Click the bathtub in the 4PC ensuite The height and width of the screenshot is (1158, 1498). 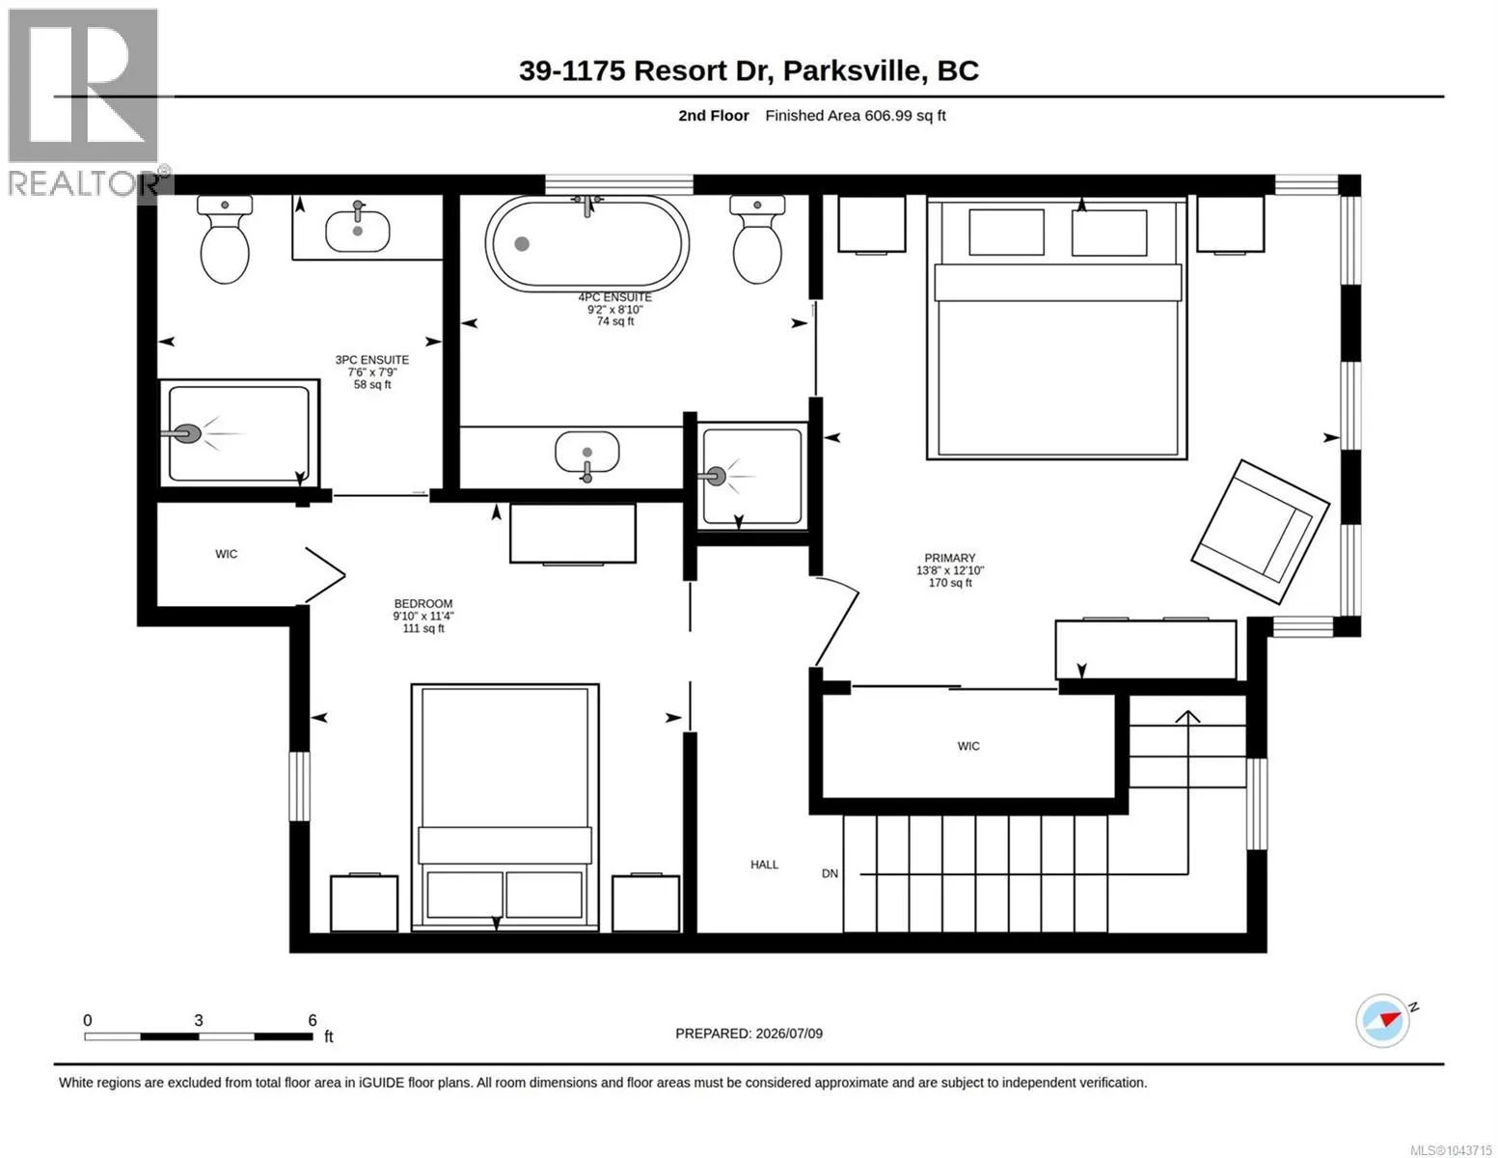[586, 243]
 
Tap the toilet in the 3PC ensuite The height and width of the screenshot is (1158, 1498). [225, 238]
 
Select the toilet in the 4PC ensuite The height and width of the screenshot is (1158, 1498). [757, 238]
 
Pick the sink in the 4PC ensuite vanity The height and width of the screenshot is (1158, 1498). [586, 454]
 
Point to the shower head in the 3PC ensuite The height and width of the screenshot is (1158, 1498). [182, 434]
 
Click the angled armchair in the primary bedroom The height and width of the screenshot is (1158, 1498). [1260, 531]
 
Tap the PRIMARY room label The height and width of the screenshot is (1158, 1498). [949, 558]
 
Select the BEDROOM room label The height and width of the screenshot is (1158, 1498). [423, 603]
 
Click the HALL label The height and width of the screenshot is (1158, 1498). [764, 865]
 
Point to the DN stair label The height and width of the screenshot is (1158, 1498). [830, 874]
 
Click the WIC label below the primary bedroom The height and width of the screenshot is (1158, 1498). [967, 746]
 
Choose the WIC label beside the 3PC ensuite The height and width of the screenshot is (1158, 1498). [226, 554]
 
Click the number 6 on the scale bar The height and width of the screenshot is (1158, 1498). [313, 1020]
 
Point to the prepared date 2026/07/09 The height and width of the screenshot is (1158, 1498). [789, 1034]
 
